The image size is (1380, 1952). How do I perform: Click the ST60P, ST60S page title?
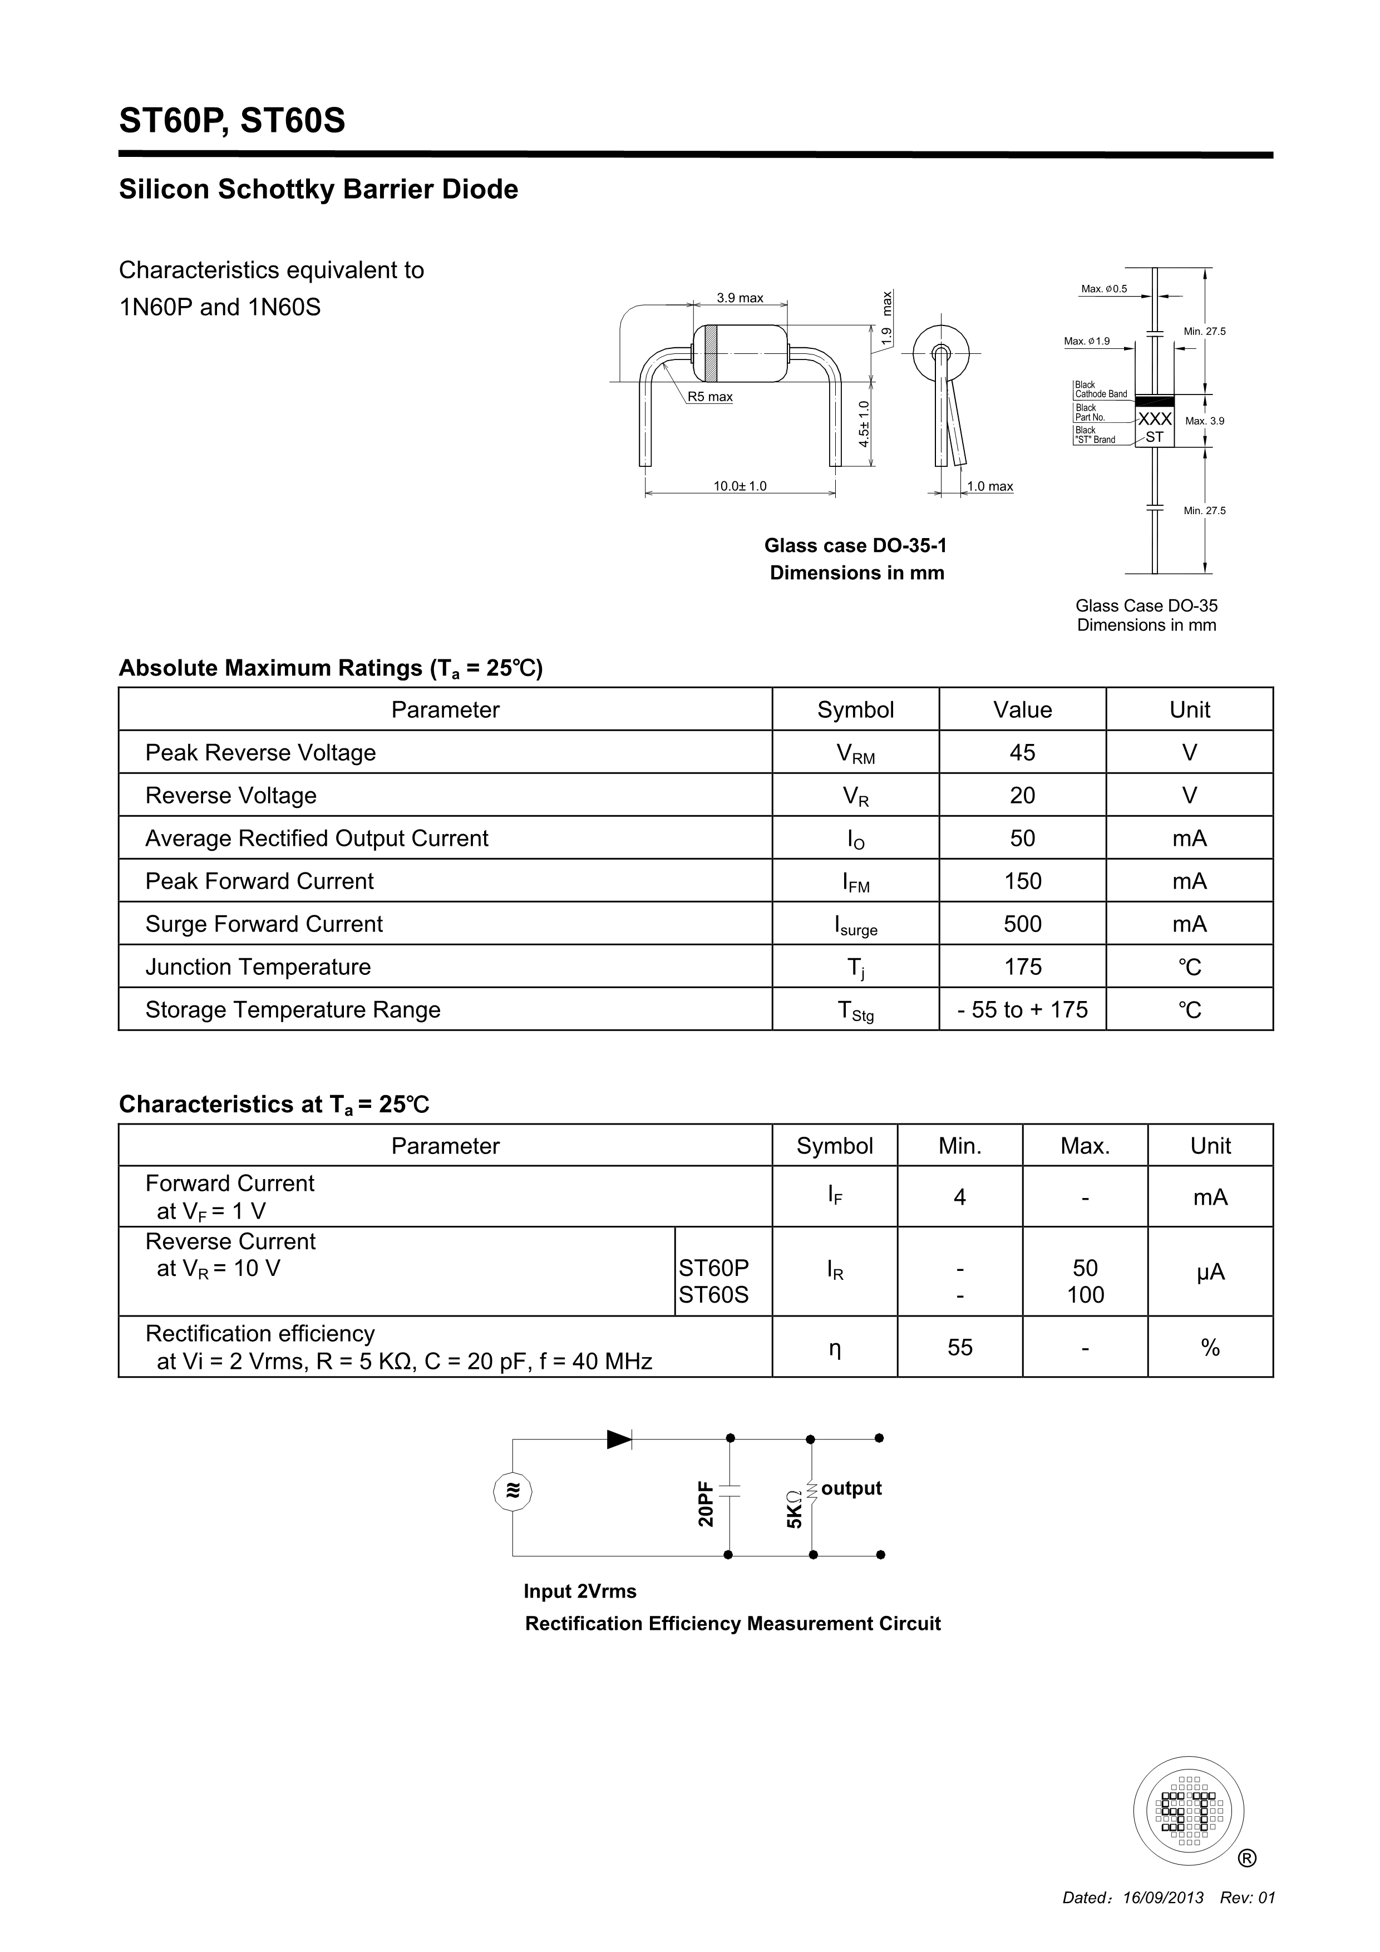(x=232, y=121)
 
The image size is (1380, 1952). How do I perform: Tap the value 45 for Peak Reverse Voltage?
(x=1022, y=752)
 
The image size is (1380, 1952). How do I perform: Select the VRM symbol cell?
(x=855, y=753)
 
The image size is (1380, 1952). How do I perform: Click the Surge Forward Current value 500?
(x=1022, y=924)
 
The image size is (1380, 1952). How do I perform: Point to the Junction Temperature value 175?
(x=1022, y=967)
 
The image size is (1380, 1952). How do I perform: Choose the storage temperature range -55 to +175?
(x=1022, y=1010)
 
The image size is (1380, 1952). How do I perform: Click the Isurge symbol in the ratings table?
(x=855, y=925)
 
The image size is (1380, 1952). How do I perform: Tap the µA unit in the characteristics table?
(x=1210, y=1272)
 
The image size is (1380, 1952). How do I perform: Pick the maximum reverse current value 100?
(x=1085, y=1295)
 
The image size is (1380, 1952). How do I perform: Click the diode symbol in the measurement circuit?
(x=619, y=1440)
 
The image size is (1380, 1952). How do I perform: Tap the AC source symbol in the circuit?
(x=512, y=1491)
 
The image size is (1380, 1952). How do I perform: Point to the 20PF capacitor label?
(x=706, y=1503)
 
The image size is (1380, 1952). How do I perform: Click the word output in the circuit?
(x=851, y=1488)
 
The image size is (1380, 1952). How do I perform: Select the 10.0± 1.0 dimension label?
(x=740, y=486)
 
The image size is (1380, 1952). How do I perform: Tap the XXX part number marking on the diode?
(x=1155, y=419)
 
